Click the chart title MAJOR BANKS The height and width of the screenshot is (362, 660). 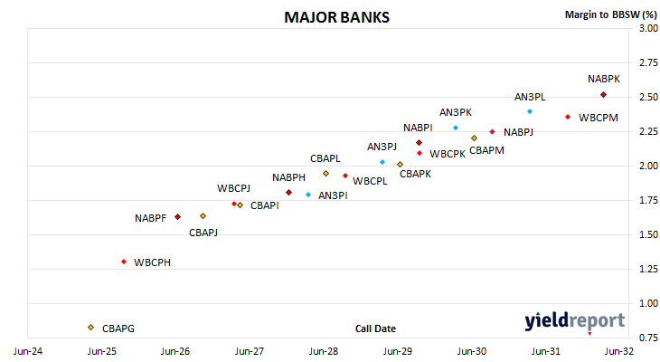tap(336, 17)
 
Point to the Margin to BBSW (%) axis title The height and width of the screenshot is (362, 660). tap(611, 14)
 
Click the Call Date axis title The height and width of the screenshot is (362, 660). tap(375, 329)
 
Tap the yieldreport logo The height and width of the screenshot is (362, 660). tap(574, 321)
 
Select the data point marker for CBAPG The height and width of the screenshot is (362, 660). tap(91, 328)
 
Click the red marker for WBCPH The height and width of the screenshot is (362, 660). tap(124, 262)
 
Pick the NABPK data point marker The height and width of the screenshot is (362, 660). tap(603, 95)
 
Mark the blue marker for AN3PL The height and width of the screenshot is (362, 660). tap(530, 111)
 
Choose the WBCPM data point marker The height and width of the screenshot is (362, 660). tap(568, 117)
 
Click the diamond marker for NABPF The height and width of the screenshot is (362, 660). tap(177, 216)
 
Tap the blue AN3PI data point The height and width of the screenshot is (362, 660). tap(308, 195)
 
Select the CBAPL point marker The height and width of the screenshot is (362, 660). tap(325, 173)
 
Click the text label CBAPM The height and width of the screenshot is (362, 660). tap(486, 150)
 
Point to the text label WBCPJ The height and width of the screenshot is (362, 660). tap(233, 188)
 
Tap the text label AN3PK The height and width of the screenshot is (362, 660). tap(456, 112)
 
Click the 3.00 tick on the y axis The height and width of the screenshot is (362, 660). tap(648, 28)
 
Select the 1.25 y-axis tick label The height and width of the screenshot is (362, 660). tap(648, 269)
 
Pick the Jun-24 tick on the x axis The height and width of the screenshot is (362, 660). tap(28, 351)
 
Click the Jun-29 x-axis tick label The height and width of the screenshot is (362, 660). tap(397, 351)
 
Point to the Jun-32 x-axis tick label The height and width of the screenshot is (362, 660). tap(618, 351)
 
